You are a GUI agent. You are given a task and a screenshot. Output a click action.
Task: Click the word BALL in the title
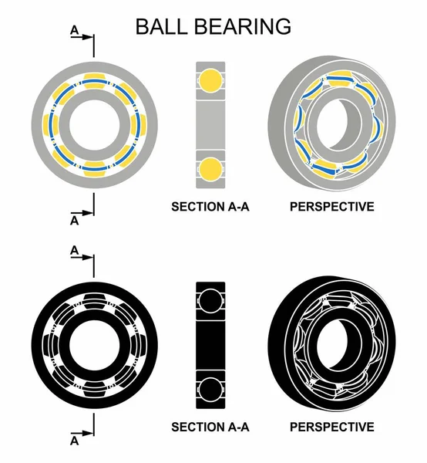(x=163, y=25)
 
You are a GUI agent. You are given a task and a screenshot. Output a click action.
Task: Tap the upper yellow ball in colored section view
(x=210, y=79)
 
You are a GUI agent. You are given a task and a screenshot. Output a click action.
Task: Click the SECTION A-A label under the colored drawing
(x=210, y=207)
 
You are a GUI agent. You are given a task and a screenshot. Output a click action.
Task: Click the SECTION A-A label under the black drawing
(x=210, y=427)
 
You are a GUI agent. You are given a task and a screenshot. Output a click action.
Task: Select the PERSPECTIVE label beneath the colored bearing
(x=331, y=207)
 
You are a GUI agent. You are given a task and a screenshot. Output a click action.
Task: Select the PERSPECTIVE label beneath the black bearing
(x=331, y=427)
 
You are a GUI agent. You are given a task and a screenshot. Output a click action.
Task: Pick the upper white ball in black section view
(x=210, y=300)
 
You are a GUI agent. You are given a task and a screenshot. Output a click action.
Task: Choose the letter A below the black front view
(x=74, y=441)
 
